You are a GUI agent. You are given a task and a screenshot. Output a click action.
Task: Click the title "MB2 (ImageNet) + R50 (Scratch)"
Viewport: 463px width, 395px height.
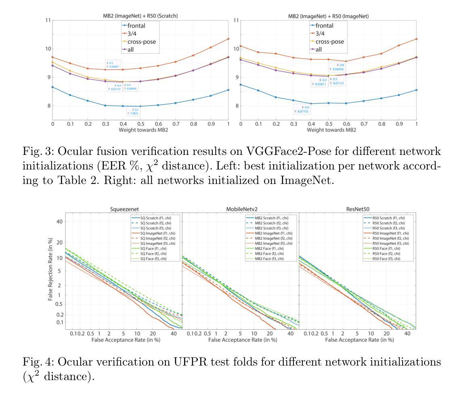click(140, 16)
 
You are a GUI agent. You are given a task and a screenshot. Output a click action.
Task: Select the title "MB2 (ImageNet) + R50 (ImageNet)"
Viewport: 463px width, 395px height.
click(329, 16)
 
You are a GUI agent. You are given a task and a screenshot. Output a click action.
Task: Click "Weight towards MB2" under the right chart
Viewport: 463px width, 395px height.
click(329, 130)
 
